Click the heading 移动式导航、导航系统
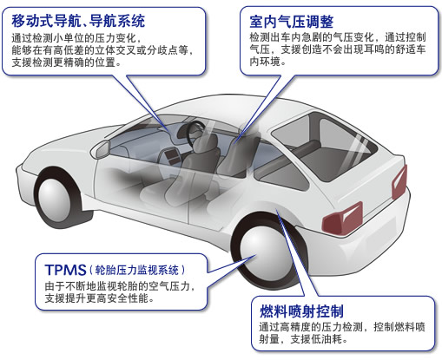click(78, 21)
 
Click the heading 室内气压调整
click(292, 22)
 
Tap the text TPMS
click(66, 270)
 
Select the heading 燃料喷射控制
click(301, 311)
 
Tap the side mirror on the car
click(102, 149)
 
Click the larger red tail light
click(343, 219)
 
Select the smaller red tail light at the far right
click(399, 181)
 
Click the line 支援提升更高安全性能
click(99, 298)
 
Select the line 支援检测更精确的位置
click(66, 62)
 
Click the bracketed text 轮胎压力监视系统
click(137, 271)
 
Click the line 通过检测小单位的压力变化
click(76, 38)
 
